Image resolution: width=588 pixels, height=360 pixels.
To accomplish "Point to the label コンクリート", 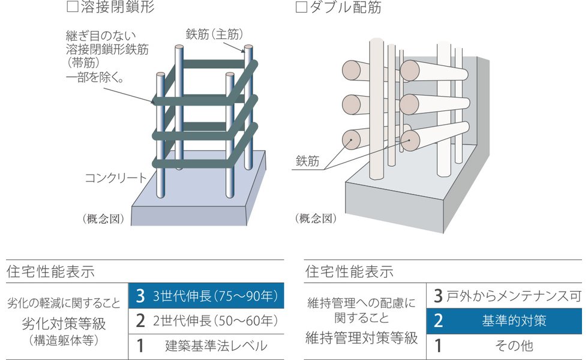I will (x=115, y=178).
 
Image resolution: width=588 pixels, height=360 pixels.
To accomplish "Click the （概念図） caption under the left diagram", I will (x=103, y=218).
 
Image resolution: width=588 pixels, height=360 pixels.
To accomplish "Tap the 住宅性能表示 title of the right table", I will (x=349, y=271).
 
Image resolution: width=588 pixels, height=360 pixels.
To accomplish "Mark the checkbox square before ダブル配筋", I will (x=302, y=8).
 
